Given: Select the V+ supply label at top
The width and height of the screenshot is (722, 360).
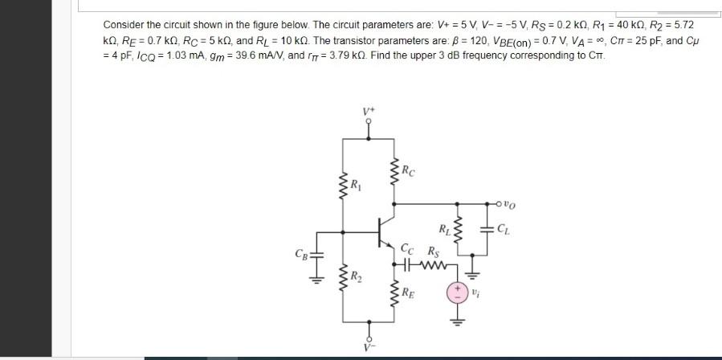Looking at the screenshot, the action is [x=369, y=109].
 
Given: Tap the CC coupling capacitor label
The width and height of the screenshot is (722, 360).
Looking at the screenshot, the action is [x=408, y=249].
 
